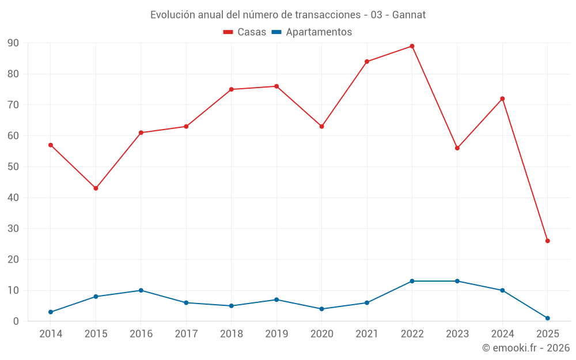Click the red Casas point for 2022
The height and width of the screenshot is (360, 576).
[x=412, y=46]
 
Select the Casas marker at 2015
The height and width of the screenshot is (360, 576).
[x=96, y=188]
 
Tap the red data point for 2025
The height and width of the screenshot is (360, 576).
[x=547, y=241]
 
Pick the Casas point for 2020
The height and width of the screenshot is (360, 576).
[x=321, y=126]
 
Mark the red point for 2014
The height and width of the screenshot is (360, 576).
[x=51, y=145]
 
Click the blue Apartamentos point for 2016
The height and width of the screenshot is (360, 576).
[x=141, y=290]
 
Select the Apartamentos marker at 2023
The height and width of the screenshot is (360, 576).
[x=457, y=281]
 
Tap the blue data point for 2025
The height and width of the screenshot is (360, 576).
[x=547, y=318]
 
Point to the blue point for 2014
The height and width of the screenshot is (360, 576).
[x=51, y=312]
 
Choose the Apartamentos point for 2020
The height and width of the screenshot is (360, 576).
[x=321, y=309]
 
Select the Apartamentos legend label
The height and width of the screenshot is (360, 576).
[x=319, y=32]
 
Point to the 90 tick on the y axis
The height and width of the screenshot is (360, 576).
[x=13, y=43]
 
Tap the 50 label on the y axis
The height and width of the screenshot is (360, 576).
[x=13, y=167]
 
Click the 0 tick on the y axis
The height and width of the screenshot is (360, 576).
[x=16, y=321]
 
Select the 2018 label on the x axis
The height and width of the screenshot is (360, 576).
[x=231, y=334]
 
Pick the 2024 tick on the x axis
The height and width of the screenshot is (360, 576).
[x=502, y=334]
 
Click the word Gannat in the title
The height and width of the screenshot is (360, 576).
[x=409, y=15]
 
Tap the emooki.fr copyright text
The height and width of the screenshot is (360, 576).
[x=526, y=348]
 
